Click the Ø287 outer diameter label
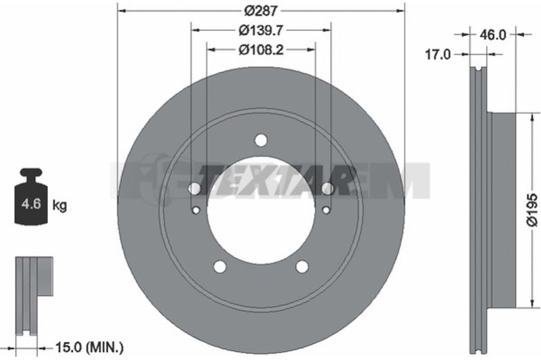[x=261, y=11]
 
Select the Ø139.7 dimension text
[x=261, y=30]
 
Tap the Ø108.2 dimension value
[x=261, y=49]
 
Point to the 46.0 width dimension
[x=493, y=35]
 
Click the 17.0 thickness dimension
[x=438, y=54]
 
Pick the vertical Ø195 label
[x=532, y=210]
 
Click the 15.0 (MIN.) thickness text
[x=89, y=349]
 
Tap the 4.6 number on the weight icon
[x=31, y=204]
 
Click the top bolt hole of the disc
[x=261, y=141]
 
